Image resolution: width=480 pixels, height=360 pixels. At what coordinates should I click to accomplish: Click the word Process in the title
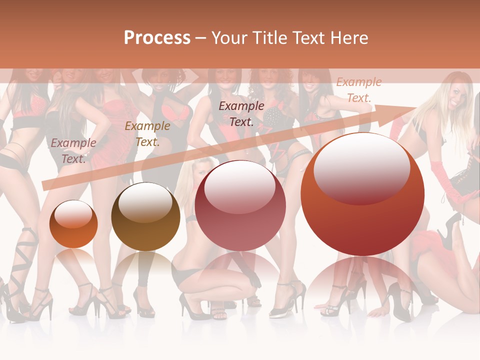click(x=157, y=38)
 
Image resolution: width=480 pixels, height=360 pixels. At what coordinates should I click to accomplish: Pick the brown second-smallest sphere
click(x=145, y=217)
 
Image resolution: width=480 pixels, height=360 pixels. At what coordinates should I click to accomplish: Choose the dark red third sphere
click(x=240, y=205)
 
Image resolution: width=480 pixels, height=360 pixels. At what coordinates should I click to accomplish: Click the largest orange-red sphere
click(x=362, y=194)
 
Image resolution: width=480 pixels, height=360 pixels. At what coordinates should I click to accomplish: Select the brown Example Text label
click(x=147, y=134)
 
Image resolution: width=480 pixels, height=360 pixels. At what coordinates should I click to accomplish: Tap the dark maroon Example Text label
click(x=241, y=113)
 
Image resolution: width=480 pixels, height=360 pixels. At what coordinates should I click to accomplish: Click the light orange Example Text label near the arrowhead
click(x=358, y=90)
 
